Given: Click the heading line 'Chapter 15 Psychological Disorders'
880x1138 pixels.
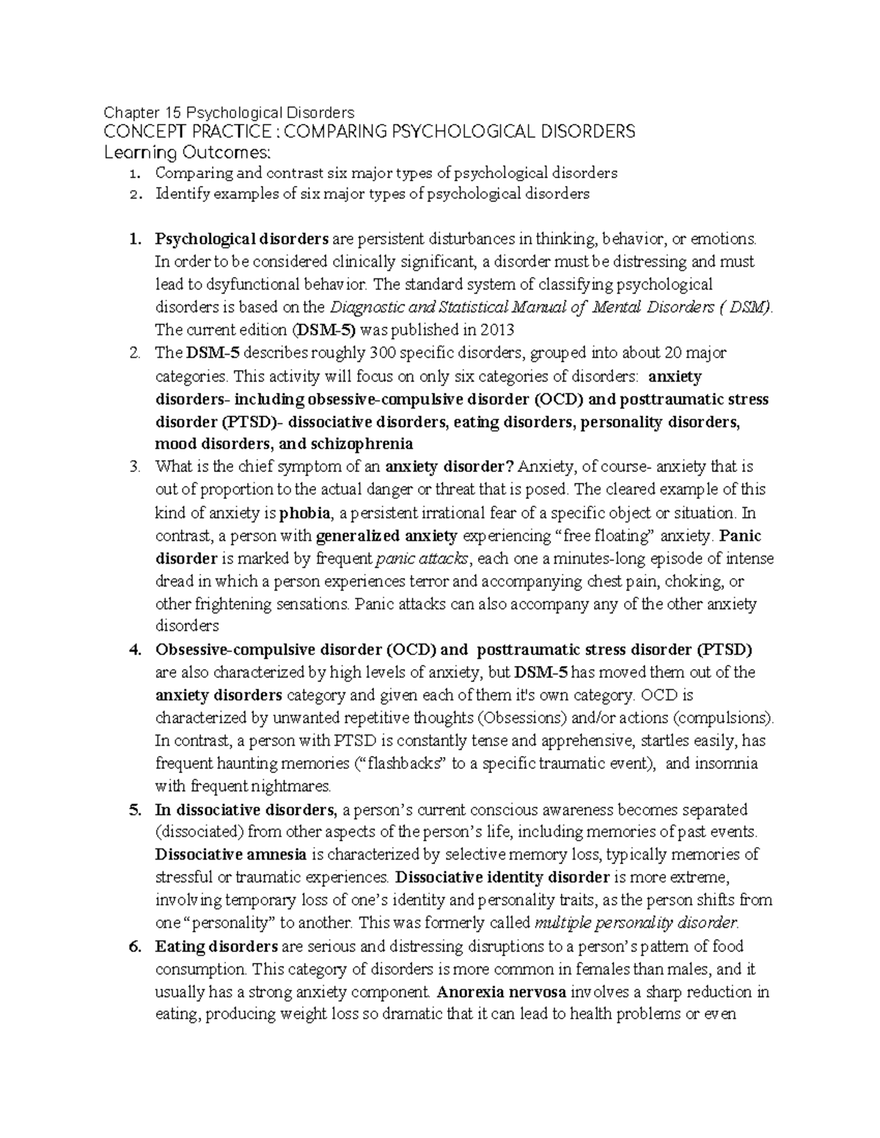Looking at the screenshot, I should click(229, 112).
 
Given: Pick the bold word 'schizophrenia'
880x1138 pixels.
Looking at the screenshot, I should click(362, 444).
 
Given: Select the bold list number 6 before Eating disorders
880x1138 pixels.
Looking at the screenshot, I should click(133, 946).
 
